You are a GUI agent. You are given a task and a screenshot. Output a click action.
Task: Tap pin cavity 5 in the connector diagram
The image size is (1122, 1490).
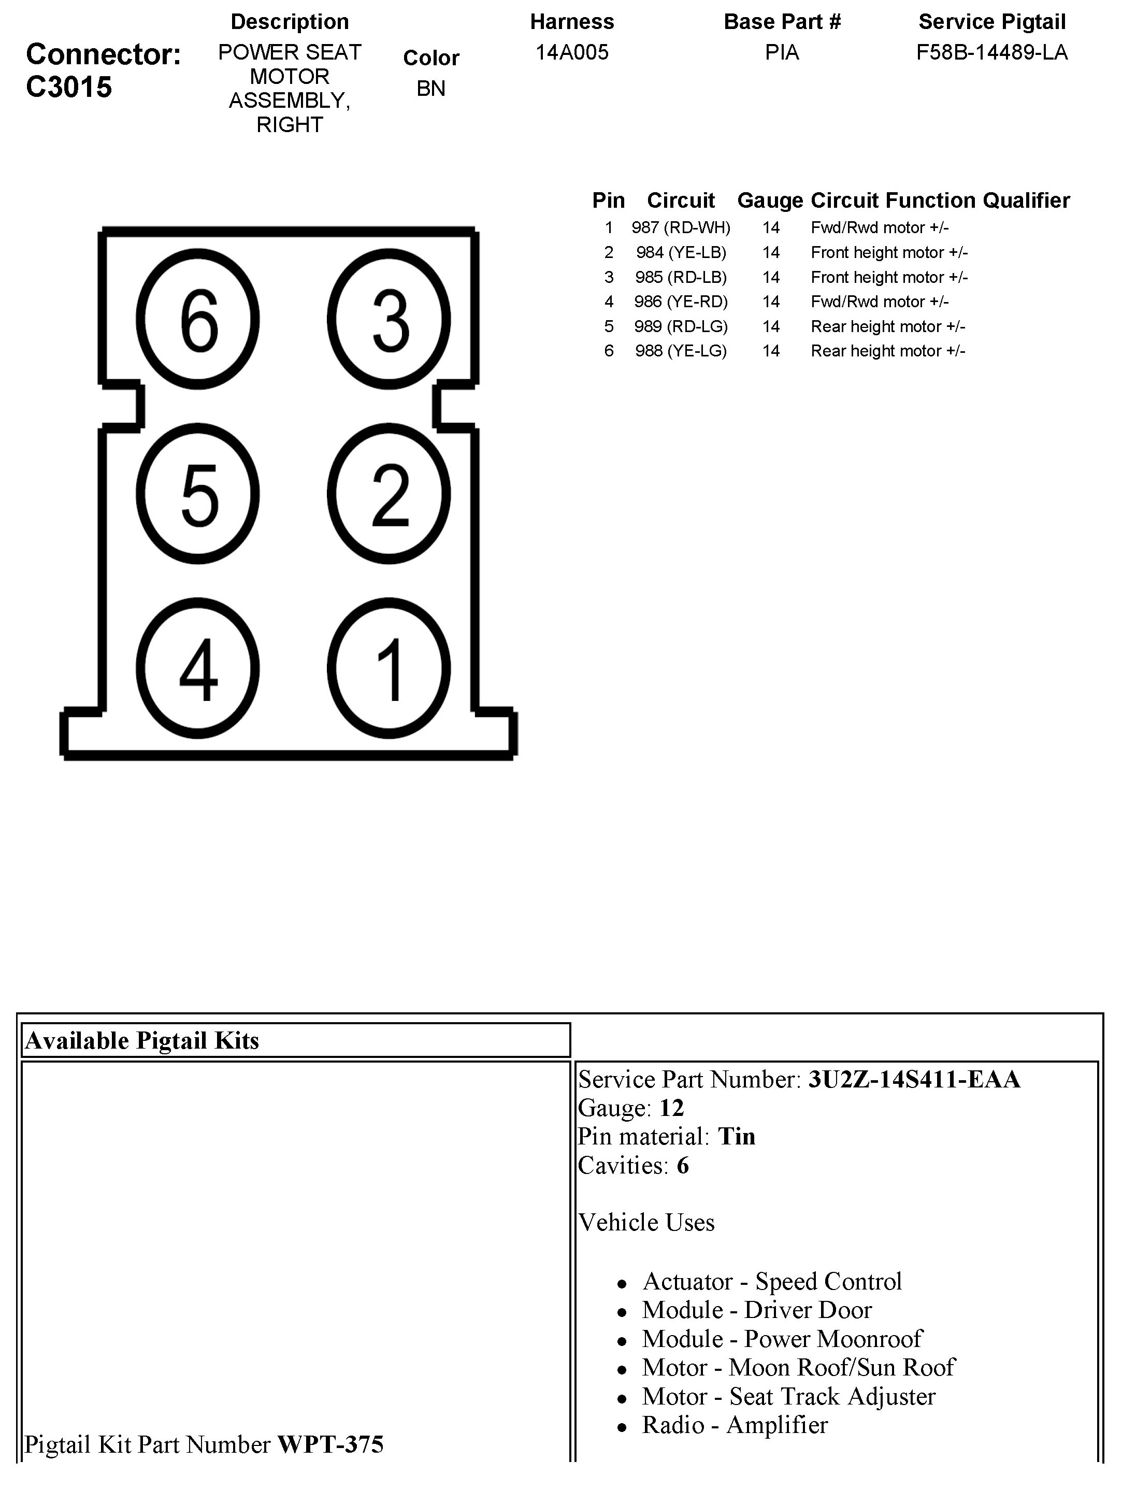click(198, 494)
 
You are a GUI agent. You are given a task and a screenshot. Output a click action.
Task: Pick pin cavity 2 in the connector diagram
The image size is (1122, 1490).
click(389, 494)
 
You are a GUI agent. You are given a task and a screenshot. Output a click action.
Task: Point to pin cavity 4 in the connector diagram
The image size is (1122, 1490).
click(198, 669)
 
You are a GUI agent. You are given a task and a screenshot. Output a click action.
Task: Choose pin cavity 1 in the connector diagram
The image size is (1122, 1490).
click(389, 669)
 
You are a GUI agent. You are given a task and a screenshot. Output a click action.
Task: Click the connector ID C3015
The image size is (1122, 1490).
click(69, 87)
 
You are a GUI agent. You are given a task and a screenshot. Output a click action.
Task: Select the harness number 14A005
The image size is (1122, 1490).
click(572, 52)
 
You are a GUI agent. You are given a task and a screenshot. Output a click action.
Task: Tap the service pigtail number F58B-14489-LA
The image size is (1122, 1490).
click(991, 52)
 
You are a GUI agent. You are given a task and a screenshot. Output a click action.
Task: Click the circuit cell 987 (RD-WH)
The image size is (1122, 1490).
click(681, 227)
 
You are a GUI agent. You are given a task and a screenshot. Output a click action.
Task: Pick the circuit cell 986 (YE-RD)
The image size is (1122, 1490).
click(681, 302)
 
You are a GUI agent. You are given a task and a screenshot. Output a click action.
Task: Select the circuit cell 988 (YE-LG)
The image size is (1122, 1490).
click(681, 351)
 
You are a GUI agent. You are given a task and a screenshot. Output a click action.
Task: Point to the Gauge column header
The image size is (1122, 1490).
click(770, 200)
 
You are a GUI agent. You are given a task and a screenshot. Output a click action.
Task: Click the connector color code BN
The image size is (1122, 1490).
click(431, 88)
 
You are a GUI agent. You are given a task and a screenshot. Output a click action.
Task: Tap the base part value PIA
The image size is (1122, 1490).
click(782, 52)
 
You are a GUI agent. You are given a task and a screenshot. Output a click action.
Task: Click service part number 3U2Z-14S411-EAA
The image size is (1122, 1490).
click(914, 1079)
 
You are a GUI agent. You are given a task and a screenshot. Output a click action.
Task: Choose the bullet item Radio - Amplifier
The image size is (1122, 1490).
click(735, 1425)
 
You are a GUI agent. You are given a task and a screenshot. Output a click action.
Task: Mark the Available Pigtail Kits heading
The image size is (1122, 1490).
click(142, 1041)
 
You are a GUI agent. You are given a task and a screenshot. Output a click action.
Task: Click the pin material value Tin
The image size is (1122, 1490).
click(737, 1136)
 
